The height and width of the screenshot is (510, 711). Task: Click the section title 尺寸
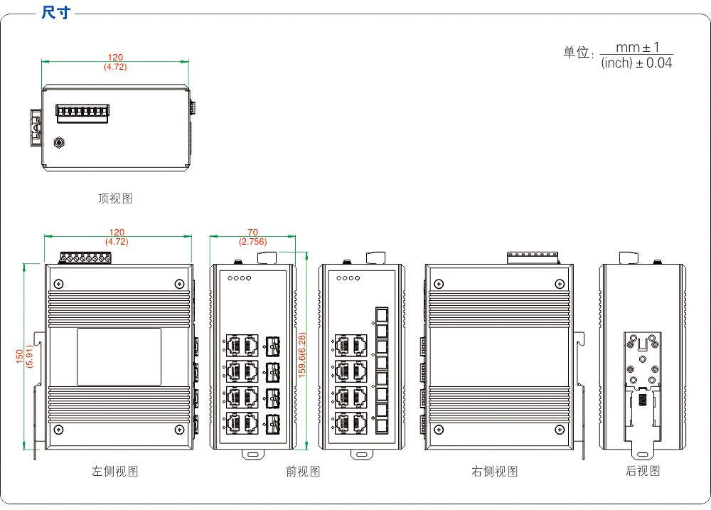(x=55, y=13)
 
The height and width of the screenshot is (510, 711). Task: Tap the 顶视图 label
(x=115, y=198)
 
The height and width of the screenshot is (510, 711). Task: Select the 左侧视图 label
(x=114, y=471)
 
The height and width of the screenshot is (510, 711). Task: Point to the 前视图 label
(x=303, y=471)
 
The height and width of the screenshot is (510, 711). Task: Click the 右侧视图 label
(x=494, y=471)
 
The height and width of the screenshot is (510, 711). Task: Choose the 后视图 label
(x=643, y=471)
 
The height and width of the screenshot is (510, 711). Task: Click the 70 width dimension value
(x=252, y=233)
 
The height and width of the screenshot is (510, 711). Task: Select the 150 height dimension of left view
(x=20, y=356)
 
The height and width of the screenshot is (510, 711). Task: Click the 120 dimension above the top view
(x=115, y=58)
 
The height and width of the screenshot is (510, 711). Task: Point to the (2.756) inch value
(x=252, y=242)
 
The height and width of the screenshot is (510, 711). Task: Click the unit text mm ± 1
(x=637, y=48)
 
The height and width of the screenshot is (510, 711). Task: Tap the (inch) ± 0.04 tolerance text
(x=636, y=63)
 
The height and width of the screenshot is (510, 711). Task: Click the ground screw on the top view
(x=60, y=142)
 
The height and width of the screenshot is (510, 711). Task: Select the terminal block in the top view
(x=82, y=113)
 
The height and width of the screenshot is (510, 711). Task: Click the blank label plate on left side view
(x=119, y=356)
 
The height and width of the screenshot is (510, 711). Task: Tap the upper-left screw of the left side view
(x=59, y=283)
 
